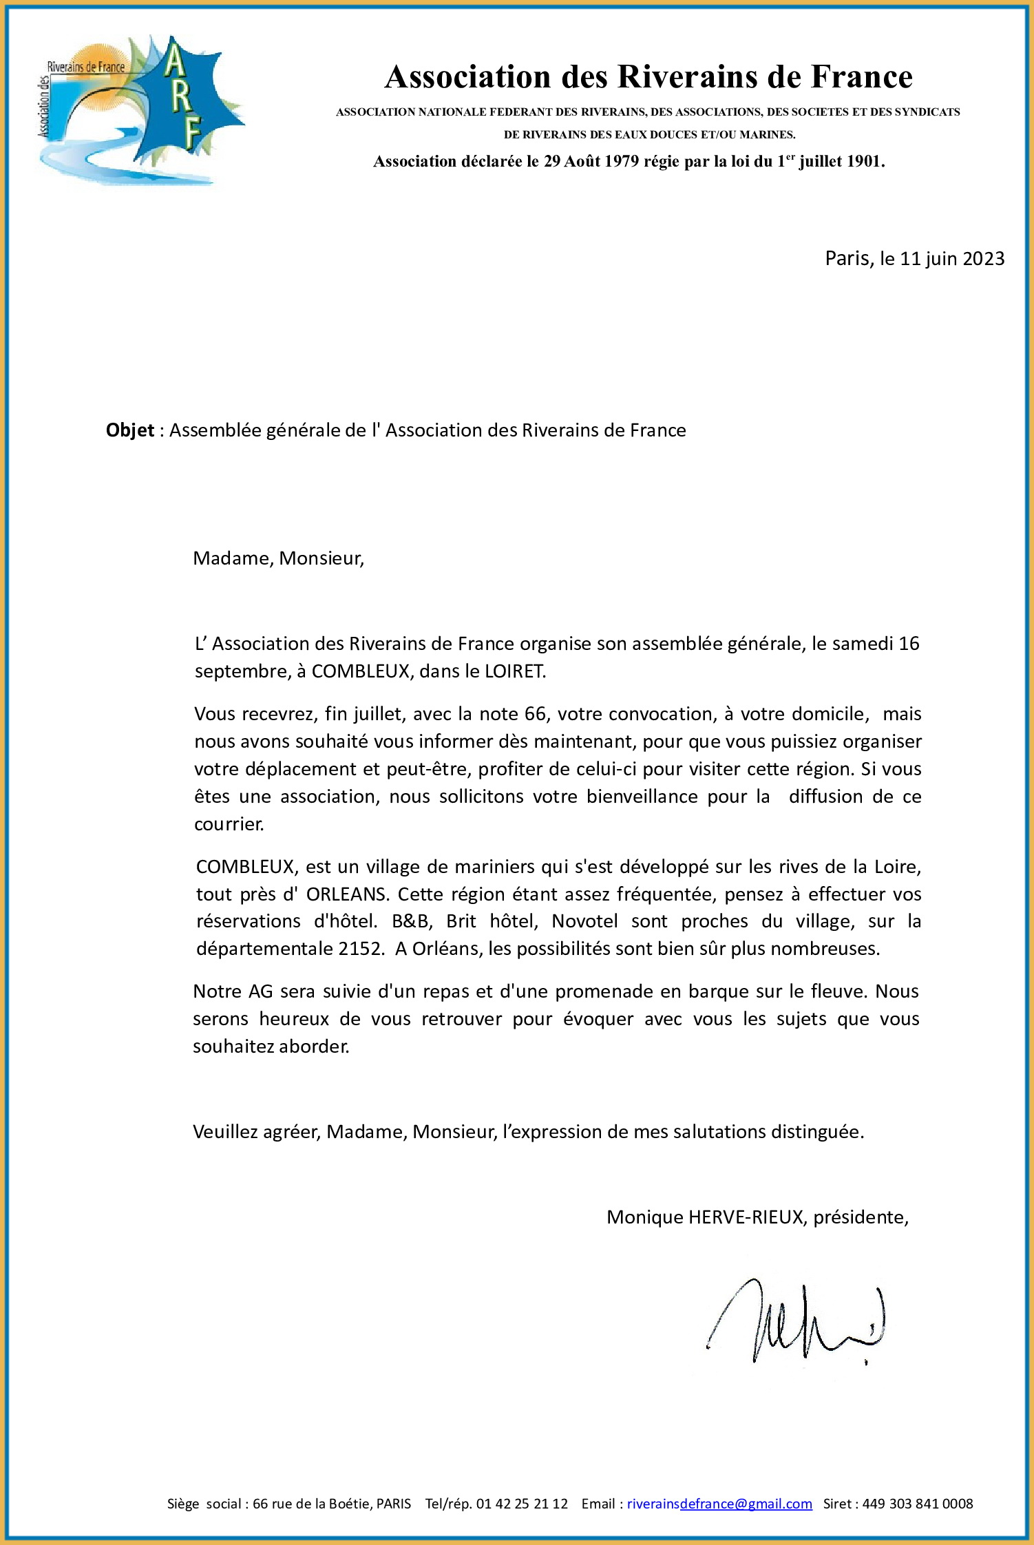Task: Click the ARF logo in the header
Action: click(x=141, y=110)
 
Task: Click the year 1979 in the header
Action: click(x=622, y=162)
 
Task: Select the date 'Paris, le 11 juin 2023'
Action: click(x=914, y=259)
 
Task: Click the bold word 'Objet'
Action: click(x=129, y=430)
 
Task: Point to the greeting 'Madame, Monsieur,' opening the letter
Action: click(x=278, y=558)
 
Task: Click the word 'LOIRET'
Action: click(x=514, y=671)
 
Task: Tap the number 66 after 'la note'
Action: click(x=535, y=714)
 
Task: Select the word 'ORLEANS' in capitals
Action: click(x=347, y=894)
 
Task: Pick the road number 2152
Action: click(x=360, y=949)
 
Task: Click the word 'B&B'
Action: click(x=411, y=921)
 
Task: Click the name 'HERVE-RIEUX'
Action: click(x=746, y=1217)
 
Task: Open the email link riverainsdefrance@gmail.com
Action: click(x=719, y=1504)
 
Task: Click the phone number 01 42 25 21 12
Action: click(x=522, y=1504)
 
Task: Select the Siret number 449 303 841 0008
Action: click(x=917, y=1504)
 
